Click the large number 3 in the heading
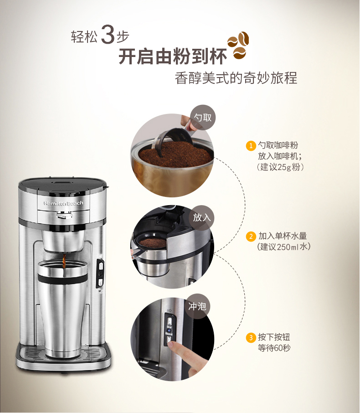[108, 34]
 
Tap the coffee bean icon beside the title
[238, 45]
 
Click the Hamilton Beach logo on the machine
[63, 203]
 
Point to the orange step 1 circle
[251, 146]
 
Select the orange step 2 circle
[251, 237]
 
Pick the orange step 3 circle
[251, 338]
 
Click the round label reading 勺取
[202, 118]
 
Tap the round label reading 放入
[202, 217]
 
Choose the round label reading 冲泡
[197, 306]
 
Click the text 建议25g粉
[280, 167]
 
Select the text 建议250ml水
[283, 247]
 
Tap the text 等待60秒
[274, 348]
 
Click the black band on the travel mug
[62, 278]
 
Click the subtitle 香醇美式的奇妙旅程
[236, 78]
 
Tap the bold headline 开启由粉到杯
[173, 56]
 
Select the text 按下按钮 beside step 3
[274, 337]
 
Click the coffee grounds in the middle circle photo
[153, 243]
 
